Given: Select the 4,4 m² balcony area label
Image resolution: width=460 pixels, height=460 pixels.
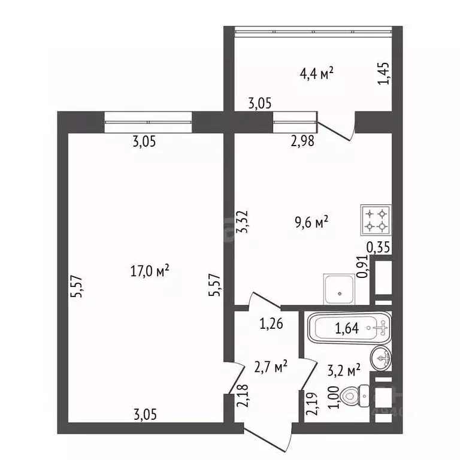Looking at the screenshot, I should (316, 74).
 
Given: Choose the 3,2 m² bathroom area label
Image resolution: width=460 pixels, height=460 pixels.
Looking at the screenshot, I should (344, 370).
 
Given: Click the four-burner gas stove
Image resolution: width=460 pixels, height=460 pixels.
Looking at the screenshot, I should (376, 220).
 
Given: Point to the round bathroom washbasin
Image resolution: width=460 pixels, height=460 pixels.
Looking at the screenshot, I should (381, 358).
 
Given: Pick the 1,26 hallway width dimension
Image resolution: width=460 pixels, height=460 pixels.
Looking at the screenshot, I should (271, 325).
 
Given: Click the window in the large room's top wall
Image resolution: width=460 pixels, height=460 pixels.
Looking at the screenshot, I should (148, 122).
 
